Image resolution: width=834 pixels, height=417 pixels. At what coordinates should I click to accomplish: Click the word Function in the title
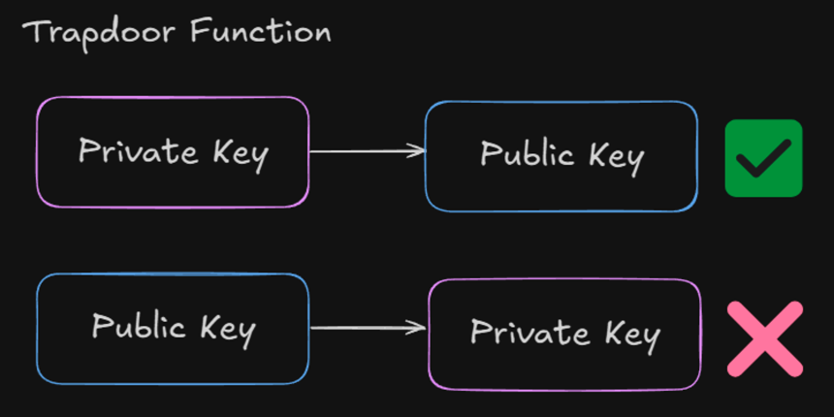point(261,32)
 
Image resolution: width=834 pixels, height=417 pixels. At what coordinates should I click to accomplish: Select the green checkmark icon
point(763,158)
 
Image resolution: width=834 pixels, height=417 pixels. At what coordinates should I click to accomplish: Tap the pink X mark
point(765,338)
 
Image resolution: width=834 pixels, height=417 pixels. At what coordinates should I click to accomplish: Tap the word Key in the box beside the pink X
point(632,336)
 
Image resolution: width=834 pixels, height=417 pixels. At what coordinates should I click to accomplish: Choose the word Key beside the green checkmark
point(616,158)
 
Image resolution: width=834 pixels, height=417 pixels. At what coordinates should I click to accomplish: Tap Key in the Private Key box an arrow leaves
point(241,154)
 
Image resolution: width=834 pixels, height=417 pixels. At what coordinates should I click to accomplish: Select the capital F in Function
point(200,32)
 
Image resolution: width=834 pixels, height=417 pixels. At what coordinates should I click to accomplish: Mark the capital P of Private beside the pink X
point(479,332)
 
